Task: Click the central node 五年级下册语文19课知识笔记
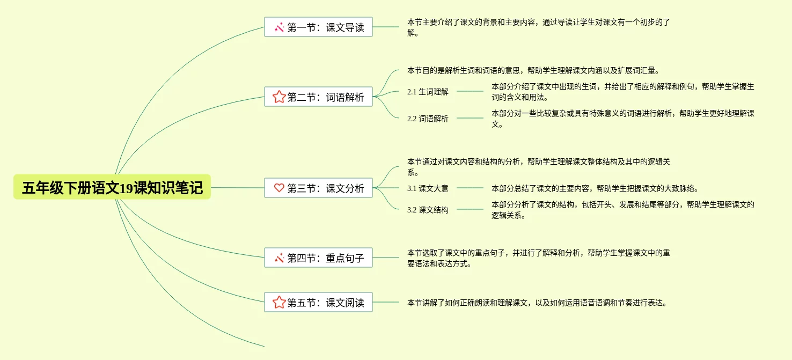[x=112, y=188]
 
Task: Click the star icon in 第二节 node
[x=278, y=97]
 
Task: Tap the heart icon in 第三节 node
[x=279, y=188]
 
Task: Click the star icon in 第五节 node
[x=278, y=303]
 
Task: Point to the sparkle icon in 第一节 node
[x=279, y=27]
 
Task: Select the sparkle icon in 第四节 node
[x=279, y=258]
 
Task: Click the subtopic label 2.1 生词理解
[x=428, y=92]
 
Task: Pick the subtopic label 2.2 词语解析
[x=428, y=119]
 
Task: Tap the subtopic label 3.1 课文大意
[x=428, y=188]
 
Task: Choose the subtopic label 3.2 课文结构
[x=428, y=210]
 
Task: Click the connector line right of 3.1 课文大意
[x=470, y=188]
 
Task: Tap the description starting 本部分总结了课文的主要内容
[x=595, y=188]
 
